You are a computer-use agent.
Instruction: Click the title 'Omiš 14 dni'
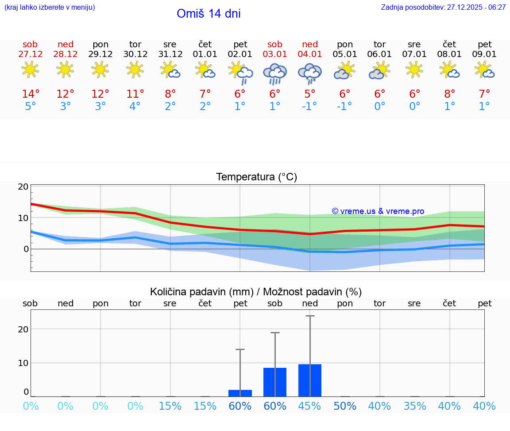click(209, 14)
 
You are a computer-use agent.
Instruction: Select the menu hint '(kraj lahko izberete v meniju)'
click(50, 7)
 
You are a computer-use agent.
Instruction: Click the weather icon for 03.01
click(275, 73)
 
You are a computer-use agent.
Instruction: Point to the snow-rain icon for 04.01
click(310, 73)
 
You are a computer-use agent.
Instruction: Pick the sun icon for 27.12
click(30, 70)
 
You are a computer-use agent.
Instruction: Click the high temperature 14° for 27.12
click(31, 94)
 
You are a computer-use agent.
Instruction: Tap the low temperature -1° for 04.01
click(310, 107)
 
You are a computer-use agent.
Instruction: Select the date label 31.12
click(170, 54)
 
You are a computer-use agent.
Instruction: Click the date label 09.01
click(485, 54)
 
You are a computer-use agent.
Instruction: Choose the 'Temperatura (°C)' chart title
click(256, 177)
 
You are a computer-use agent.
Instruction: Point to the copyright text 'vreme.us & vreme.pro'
click(378, 211)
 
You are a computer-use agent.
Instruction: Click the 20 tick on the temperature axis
click(23, 187)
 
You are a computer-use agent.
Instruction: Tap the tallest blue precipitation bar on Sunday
click(310, 380)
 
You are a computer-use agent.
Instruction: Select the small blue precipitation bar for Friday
click(240, 393)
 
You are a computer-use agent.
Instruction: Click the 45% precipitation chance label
click(310, 406)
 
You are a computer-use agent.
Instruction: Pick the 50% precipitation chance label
click(345, 406)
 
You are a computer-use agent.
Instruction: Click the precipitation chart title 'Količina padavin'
click(201, 292)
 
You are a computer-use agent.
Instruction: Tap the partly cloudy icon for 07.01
click(415, 70)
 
